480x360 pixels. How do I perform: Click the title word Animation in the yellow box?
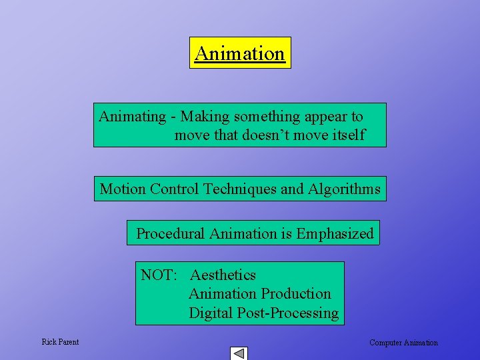click(240, 53)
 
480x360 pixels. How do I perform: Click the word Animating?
click(132, 117)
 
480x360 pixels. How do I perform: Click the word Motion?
click(123, 189)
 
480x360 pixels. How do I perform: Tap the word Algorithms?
click(344, 189)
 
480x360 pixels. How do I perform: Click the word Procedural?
click(171, 234)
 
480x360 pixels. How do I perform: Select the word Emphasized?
click(335, 234)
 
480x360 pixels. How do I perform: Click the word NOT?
click(159, 275)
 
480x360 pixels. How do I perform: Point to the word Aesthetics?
click(223, 275)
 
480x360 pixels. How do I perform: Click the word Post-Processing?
click(288, 313)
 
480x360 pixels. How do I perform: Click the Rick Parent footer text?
click(60, 342)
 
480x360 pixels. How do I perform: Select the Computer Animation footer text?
click(403, 343)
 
